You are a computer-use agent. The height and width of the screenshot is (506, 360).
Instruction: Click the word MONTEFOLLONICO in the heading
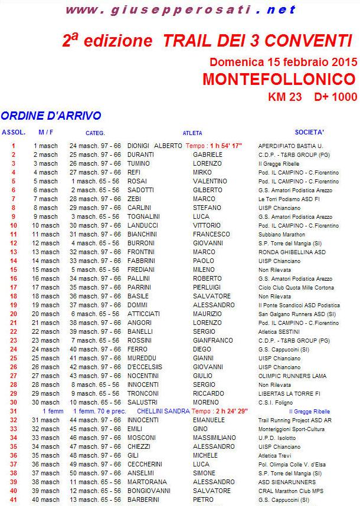tap(279, 79)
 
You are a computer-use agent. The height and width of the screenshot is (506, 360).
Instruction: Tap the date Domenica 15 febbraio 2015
tap(283, 61)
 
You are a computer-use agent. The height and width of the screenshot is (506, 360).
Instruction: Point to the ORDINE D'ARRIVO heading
tap(51, 116)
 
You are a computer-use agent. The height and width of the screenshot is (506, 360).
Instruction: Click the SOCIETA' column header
tap(309, 132)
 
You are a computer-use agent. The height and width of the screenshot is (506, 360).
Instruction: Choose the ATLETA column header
tap(192, 133)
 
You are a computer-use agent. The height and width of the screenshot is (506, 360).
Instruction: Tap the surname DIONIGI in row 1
tap(138, 146)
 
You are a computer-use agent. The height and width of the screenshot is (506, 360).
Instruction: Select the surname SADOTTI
tap(140, 190)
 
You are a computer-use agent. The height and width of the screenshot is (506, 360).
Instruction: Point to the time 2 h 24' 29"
tap(228, 411)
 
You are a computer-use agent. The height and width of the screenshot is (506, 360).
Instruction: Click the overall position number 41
tap(13, 500)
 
